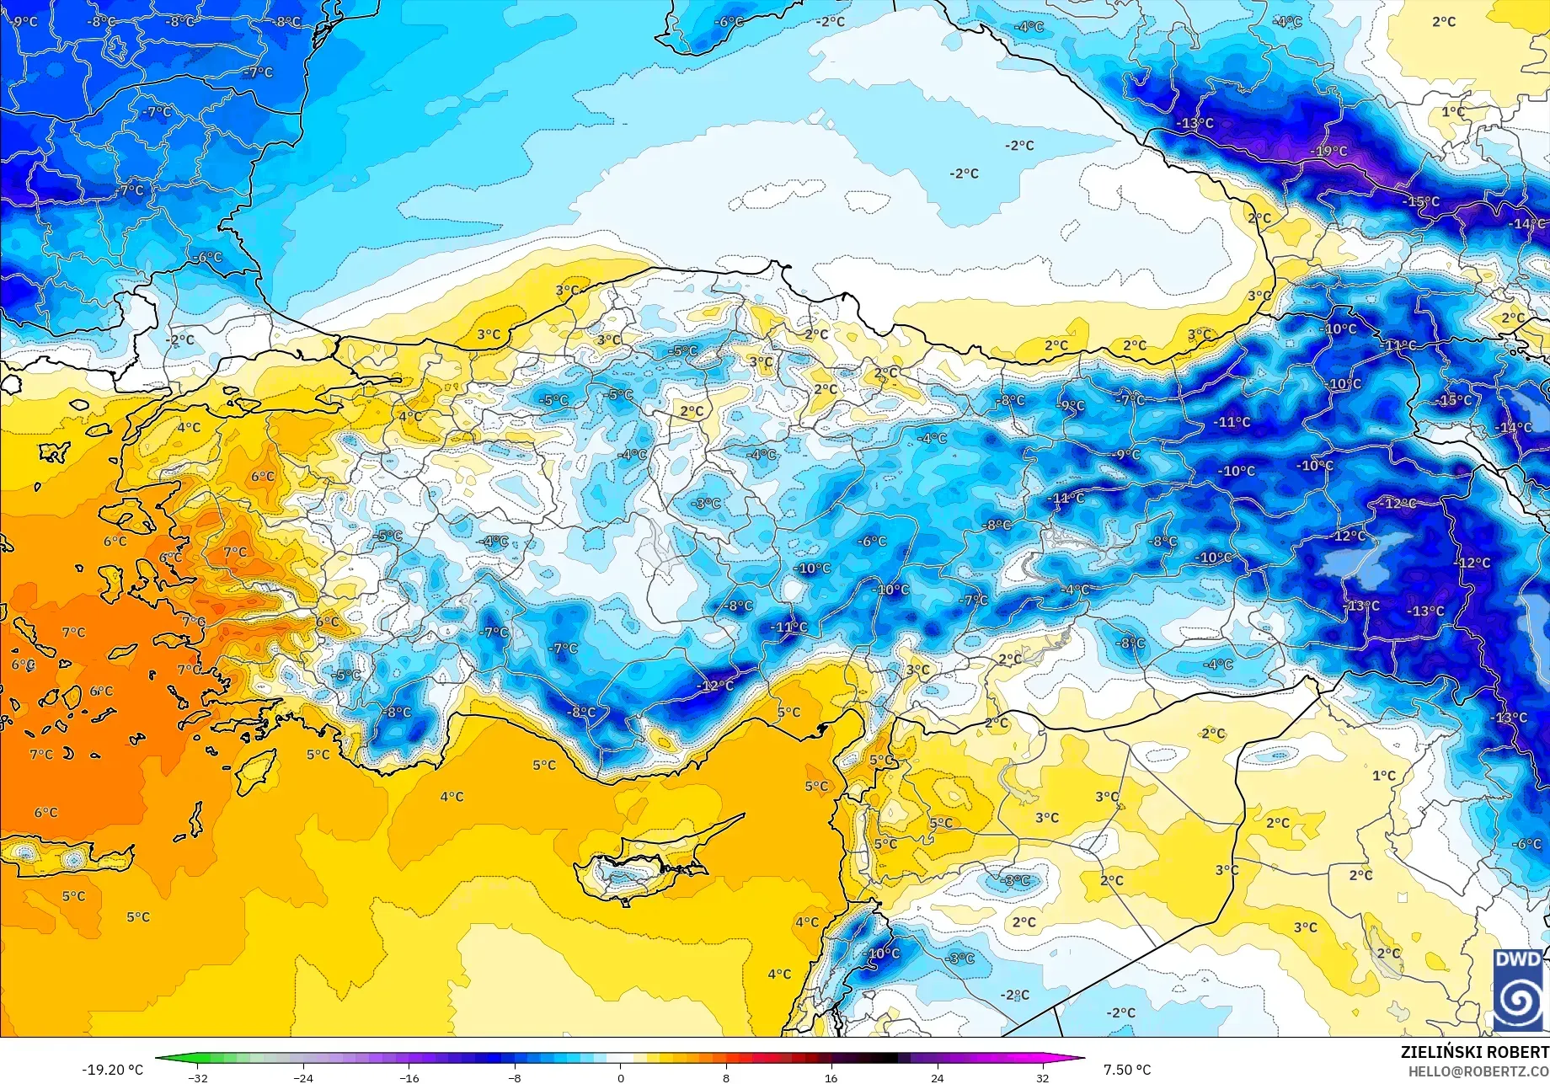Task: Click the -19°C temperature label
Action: (x=1328, y=152)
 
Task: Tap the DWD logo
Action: (x=1519, y=990)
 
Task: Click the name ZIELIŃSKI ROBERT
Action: (x=1474, y=1052)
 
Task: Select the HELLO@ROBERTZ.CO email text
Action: (x=1478, y=1071)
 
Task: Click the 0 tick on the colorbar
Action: (x=621, y=1077)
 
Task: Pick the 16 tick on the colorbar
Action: (x=831, y=1077)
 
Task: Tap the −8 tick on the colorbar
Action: (x=515, y=1077)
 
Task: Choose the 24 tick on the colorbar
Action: (x=937, y=1077)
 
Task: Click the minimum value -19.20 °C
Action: (x=112, y=1070)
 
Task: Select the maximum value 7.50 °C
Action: (x=1127, y=1070)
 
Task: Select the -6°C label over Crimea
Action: (x=728, y=22)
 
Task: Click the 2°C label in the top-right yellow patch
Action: (x=1444, y=22)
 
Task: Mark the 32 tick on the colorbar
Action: (x=1043, y=1077)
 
